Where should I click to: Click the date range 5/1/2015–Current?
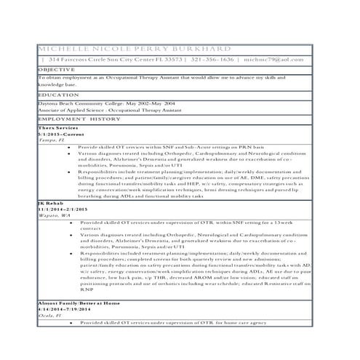61,135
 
